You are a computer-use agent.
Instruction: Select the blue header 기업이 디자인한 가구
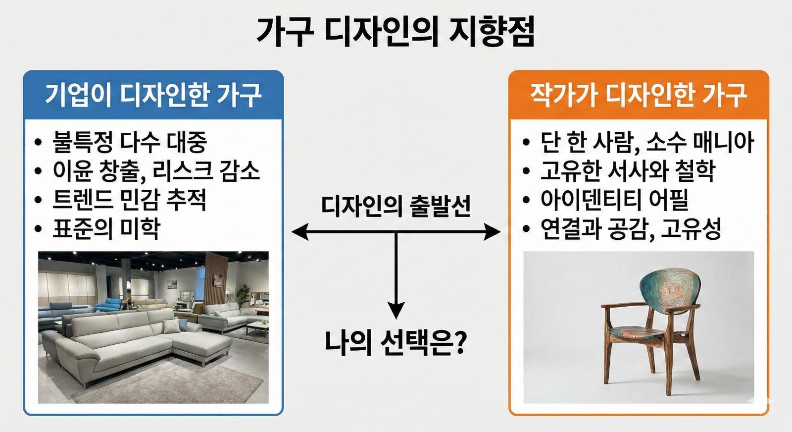coord(153,95)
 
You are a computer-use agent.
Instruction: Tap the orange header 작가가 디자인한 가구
coord(639,95)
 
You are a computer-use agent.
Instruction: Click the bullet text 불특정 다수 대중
coord(129,142)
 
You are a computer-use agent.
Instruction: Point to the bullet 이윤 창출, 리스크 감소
coord(156,171)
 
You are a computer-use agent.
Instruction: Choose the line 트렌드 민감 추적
coord(129,200)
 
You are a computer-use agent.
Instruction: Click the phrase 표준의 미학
coord(106,228)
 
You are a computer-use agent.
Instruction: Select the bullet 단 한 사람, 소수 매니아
coord(646,142)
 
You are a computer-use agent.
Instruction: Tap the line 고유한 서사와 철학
coord(628,171)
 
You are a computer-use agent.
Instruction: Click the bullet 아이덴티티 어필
coord(614,200)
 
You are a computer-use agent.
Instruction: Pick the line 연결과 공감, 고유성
coord(631,228)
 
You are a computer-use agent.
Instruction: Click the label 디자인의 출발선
coord(396,206)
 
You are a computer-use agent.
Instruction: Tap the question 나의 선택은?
coord(396,342)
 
